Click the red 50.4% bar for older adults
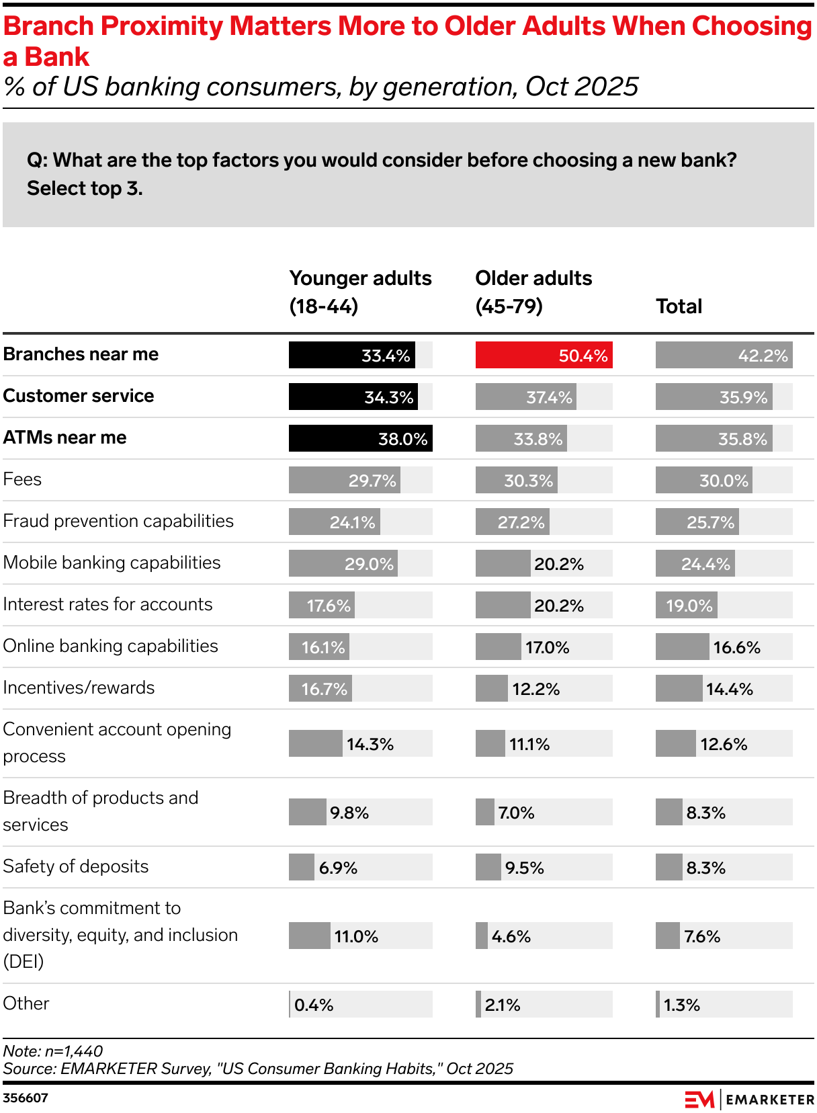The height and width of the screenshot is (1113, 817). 543,355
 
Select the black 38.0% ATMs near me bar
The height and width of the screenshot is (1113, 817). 360,438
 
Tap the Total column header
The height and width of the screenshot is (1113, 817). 679,306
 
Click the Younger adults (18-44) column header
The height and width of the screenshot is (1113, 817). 360,292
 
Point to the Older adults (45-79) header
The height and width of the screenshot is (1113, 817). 533,292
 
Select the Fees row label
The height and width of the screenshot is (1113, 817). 22,479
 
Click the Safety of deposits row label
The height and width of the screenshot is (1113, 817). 75,866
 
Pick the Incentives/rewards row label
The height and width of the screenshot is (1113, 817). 79,688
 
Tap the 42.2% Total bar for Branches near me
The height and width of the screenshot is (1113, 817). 724,355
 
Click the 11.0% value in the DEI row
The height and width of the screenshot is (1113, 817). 356,936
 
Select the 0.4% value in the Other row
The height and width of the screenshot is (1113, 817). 314,1005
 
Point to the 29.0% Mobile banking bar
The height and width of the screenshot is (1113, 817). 343,563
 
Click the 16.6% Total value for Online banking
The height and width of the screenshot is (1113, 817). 736,647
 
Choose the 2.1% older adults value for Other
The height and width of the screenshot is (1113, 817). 503,1005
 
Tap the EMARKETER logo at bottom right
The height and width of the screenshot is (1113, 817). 749,1100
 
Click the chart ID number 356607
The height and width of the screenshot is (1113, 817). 26,1098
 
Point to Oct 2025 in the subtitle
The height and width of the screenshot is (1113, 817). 582,87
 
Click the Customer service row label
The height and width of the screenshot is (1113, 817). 79,396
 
